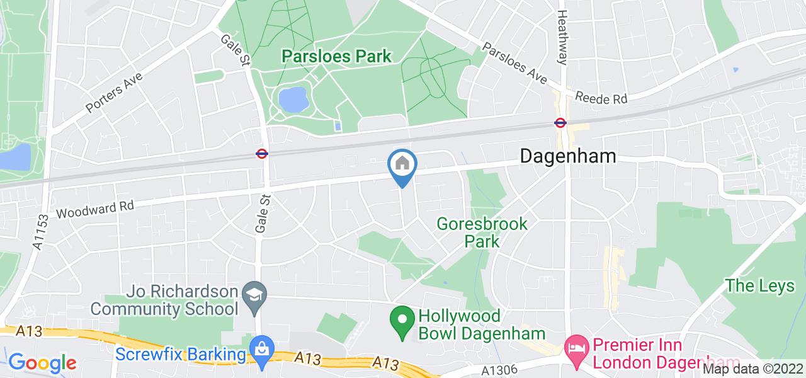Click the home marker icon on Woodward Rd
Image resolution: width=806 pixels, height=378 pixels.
403,165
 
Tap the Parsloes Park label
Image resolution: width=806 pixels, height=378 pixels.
336,56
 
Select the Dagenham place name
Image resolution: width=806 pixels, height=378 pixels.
568,156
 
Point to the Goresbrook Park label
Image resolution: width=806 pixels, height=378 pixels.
482,232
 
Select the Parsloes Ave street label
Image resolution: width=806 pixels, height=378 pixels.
514,64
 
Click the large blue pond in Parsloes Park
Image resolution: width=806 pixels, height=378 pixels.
293,99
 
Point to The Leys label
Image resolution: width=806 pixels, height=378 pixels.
759,285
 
